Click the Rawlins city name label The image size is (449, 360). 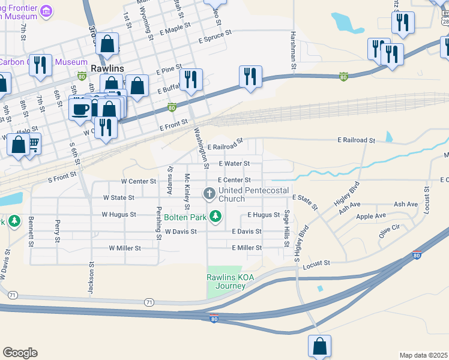(107, 68)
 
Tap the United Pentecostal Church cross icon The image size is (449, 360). (209, 193)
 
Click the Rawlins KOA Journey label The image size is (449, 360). (226, 281)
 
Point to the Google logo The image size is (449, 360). (20, 352)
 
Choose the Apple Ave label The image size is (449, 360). (371, 216)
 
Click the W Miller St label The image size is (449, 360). (125, 248)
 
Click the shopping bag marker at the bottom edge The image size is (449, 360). (319, 346)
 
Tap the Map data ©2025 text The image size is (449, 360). (423, 355)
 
